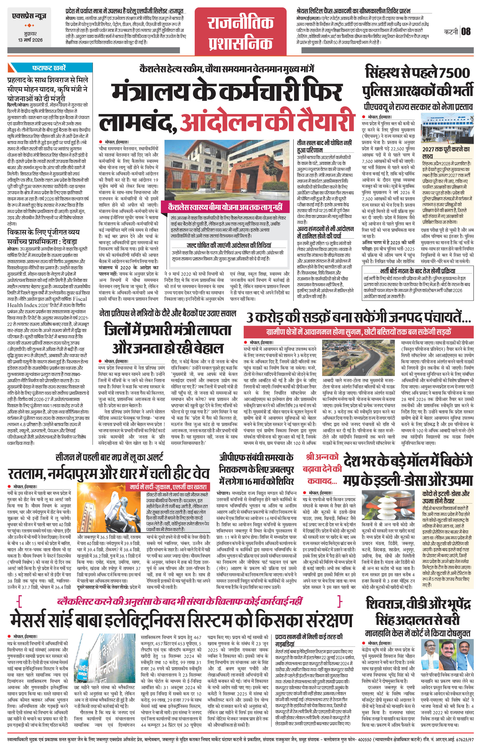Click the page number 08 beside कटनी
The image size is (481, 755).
click(x=466, y=31)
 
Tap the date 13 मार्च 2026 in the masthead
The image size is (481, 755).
click(x=30, y=40)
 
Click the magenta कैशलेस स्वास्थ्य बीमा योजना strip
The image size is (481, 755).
click(x=225, y=207)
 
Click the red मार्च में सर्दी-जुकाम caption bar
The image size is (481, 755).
click(x=168, y=487)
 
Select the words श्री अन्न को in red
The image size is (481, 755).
click(x=322, y=457)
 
